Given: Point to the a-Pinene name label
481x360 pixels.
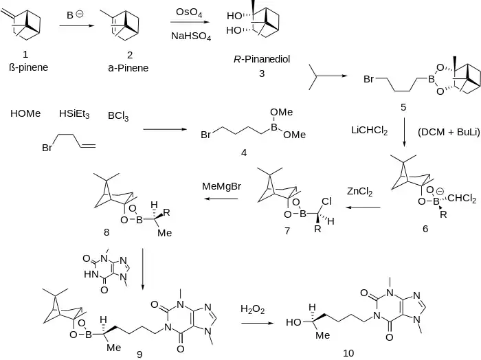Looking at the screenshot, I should [128, 67].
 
